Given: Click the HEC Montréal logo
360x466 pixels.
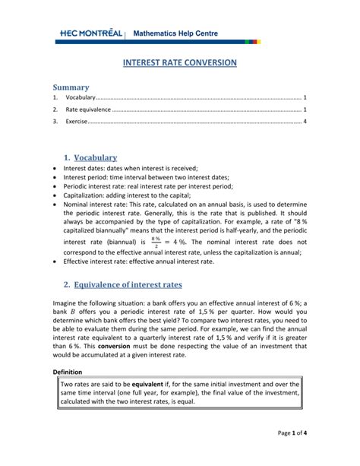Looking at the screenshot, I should coord(90,33).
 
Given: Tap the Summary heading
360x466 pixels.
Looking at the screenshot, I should coord(71,87).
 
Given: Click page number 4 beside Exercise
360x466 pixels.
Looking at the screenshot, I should coord(305,121).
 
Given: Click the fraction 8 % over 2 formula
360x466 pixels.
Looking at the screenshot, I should coord(156,241).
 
